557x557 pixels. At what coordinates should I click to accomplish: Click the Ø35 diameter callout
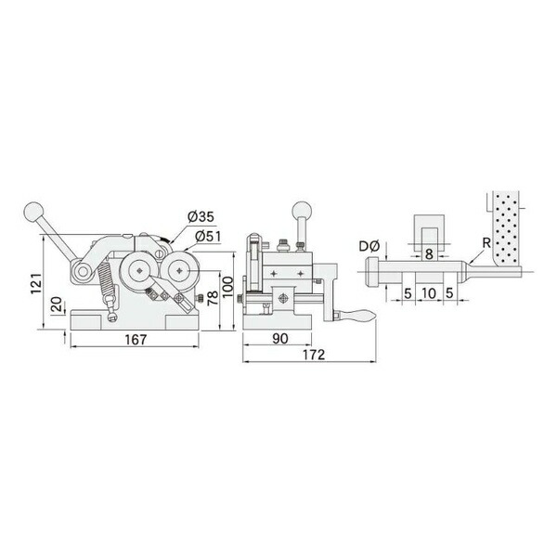[201, 216]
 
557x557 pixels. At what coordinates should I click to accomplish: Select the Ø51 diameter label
[208, 236]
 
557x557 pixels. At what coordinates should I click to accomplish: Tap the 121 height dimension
[36, 283]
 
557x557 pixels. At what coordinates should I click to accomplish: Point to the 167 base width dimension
[136, 340]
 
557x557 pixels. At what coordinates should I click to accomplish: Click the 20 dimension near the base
[57, 304]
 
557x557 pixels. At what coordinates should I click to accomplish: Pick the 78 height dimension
[213, 298]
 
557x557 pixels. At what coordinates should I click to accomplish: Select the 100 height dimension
[227, 287]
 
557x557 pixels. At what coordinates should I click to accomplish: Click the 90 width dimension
[280, 339]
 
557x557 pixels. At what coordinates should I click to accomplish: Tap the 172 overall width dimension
[314, 355]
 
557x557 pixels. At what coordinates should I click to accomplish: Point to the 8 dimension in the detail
[429, 254]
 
